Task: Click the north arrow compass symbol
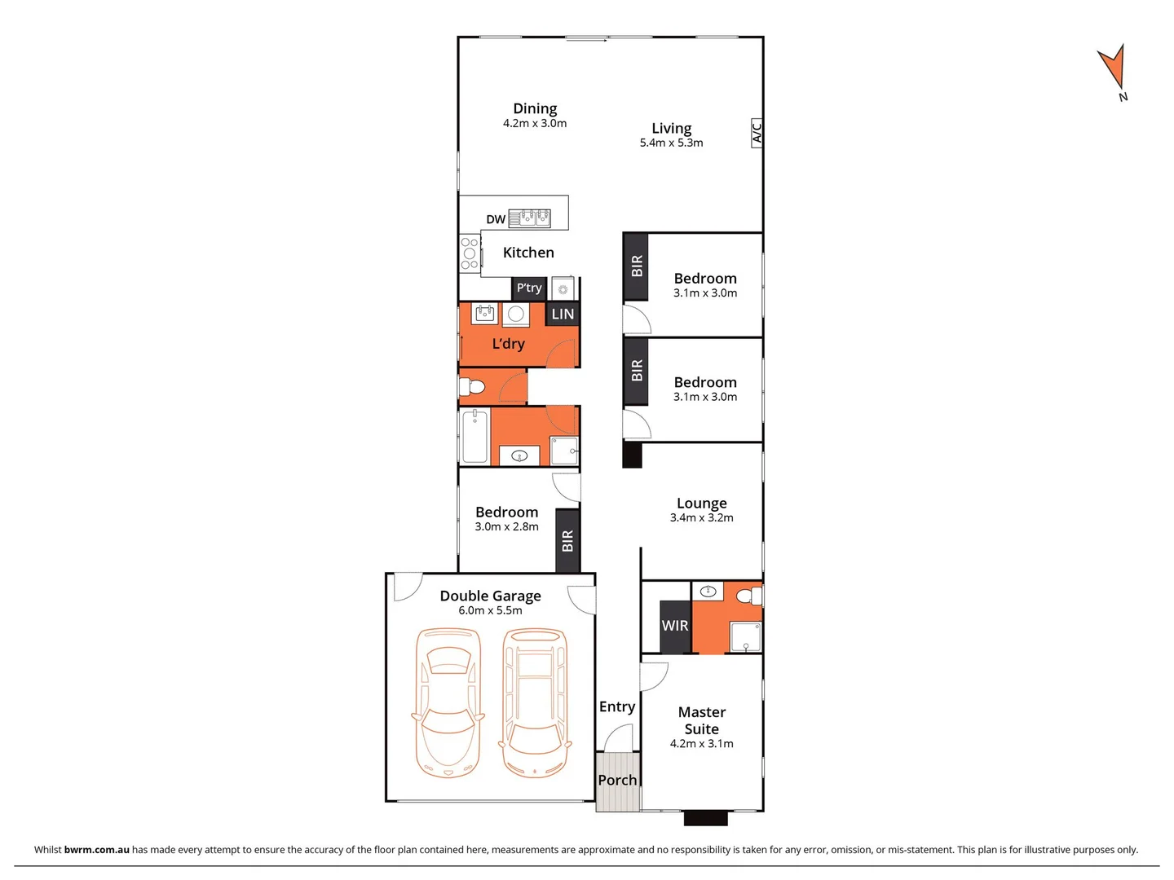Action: [x=1112, y=68]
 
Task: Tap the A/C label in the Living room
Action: [x=757, y=133]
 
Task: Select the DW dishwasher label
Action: [x=496, y=219]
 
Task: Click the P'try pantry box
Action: [x=528, y=288]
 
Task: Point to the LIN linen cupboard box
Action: [x=563, y=314]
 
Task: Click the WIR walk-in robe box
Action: [x=675, y=626]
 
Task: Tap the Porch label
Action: [x=617, y=781]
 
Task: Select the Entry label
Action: [x=617, y=706]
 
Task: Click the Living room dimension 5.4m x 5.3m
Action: [x=671, y=143]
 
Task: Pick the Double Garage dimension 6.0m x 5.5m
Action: [x=490, y=610]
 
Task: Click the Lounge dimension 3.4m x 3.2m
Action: [x=701, y=517]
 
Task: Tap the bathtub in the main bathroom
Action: [x=474, y=437]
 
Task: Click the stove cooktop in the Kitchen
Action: [x=470, y=253]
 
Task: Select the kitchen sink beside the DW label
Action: [x=530, y=218]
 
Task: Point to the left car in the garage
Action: [x=448, y=702]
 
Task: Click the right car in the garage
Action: [x=535, y=702]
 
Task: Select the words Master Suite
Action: [x=701, y=720]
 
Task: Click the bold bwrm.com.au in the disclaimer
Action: [x=96, y=849]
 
